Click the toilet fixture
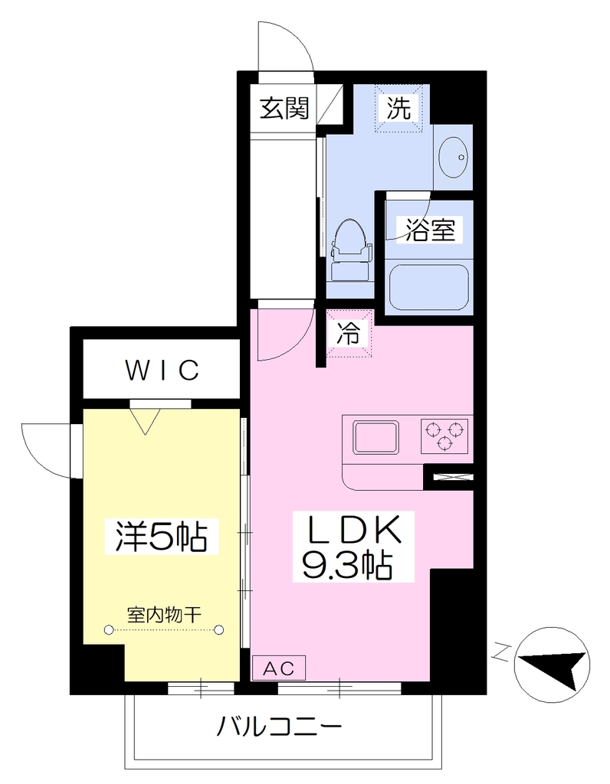coord(352,250)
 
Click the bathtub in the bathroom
coord(429,286)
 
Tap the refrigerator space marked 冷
coord(349,334)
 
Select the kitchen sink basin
coord(377,437)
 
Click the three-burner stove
coord(444,436)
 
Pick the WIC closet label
coord(162,370)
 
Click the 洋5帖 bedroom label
coord(162,535)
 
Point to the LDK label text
coord(353,530)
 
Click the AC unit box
coord(279,668)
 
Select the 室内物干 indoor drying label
coord(164,615)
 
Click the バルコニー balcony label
coord(280,727)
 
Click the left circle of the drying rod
coord(109,630)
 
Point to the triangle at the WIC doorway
coord(145,421)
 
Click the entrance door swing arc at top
coord(292,43)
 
